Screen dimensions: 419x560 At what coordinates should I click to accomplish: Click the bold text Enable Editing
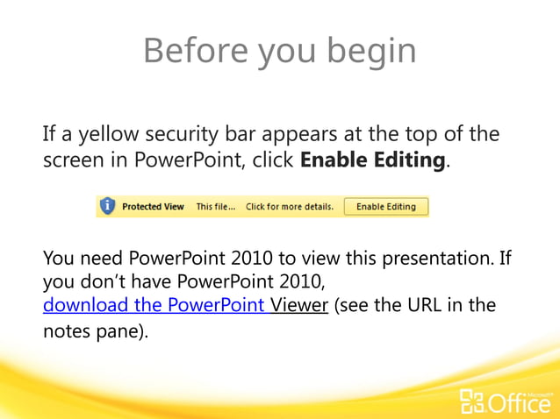[x=374, y=161]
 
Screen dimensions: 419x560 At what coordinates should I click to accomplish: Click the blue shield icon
[x=107, y=206]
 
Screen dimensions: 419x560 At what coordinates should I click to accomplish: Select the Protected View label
[x=153, y=207]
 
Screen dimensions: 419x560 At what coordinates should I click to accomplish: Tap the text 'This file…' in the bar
[x=216, y=207]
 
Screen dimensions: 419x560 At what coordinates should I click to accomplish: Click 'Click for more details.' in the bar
[x=289, y=207]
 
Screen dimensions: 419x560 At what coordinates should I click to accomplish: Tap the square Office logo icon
[x=470, y=402]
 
